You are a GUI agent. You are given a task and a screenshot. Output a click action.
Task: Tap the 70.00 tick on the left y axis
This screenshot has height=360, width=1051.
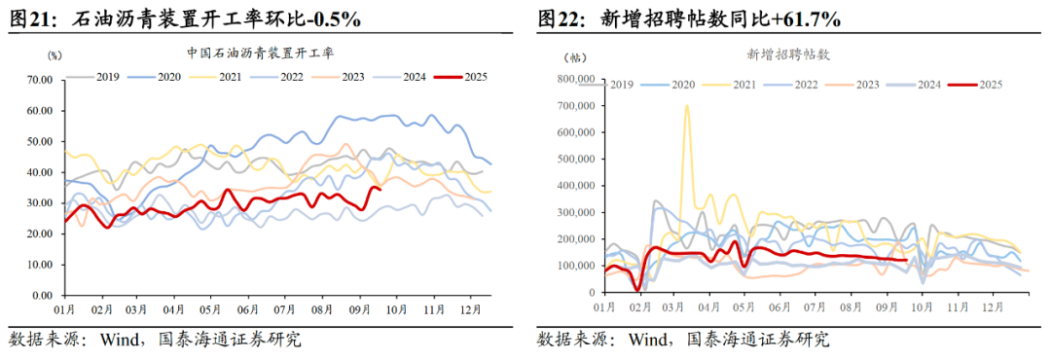pos(38,80)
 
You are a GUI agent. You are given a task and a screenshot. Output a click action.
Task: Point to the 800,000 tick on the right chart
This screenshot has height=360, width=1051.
pos(575,79)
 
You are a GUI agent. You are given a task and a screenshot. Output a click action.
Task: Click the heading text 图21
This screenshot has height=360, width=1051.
pos(30,18)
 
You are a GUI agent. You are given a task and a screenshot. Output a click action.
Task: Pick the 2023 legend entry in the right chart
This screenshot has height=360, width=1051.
pos(868,85)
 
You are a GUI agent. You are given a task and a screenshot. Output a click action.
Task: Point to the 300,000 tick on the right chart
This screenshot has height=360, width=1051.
pos(575,212)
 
